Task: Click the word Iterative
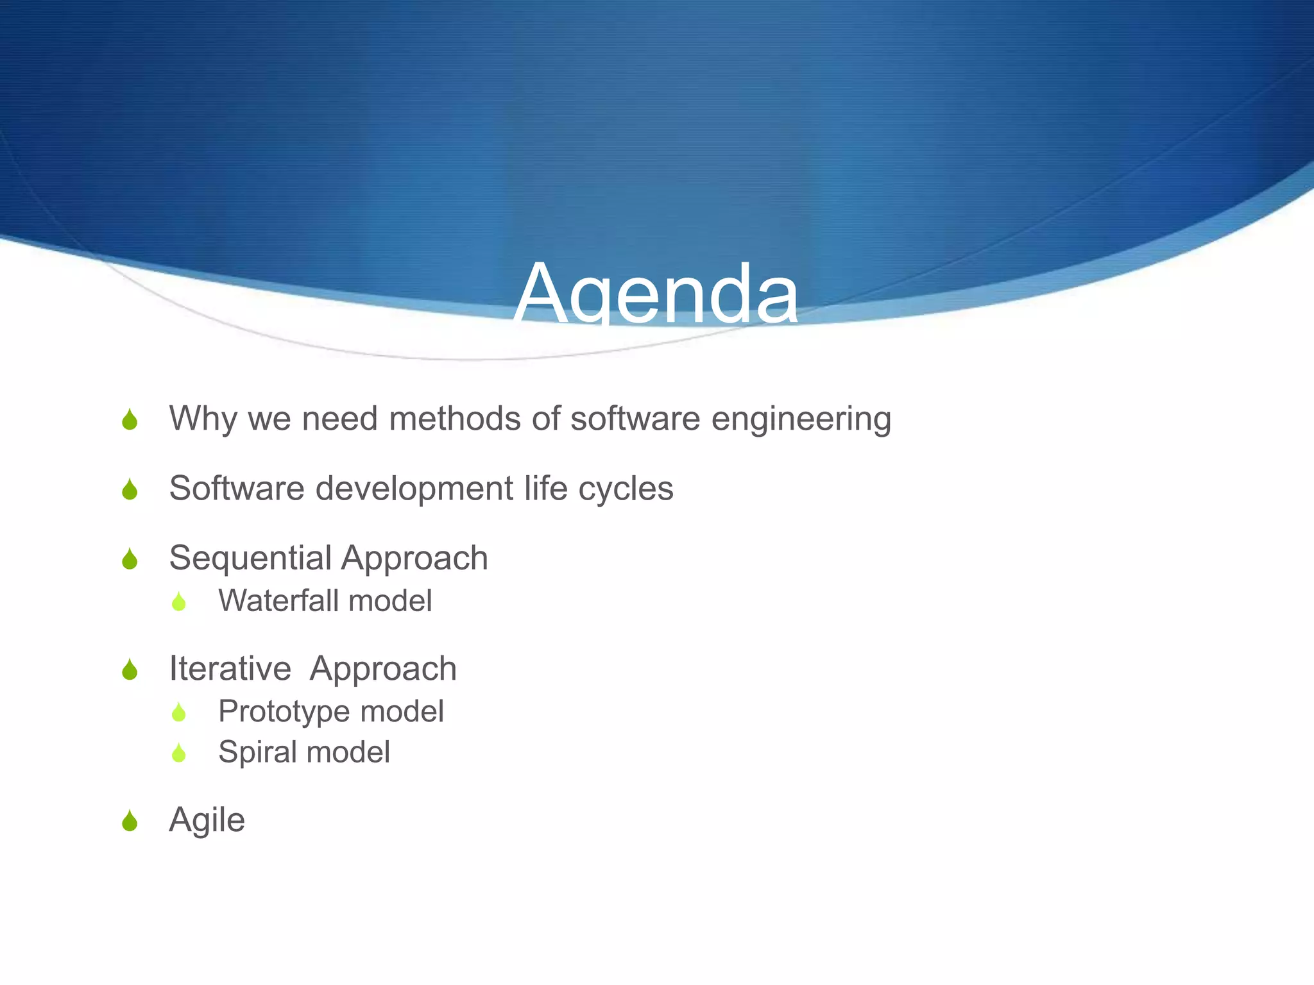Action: [x=230, y=669]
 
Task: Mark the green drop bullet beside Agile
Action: [x=130, y=821]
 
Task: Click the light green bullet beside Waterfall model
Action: [x=179, y=602]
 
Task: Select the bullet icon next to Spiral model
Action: [x=179, y=753]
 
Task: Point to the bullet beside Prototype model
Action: [x=179, y=712]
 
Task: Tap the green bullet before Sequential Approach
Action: [x=130, y=559]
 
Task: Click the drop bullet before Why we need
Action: [x=130, y=420]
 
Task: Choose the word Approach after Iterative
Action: [x=383, y=669]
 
